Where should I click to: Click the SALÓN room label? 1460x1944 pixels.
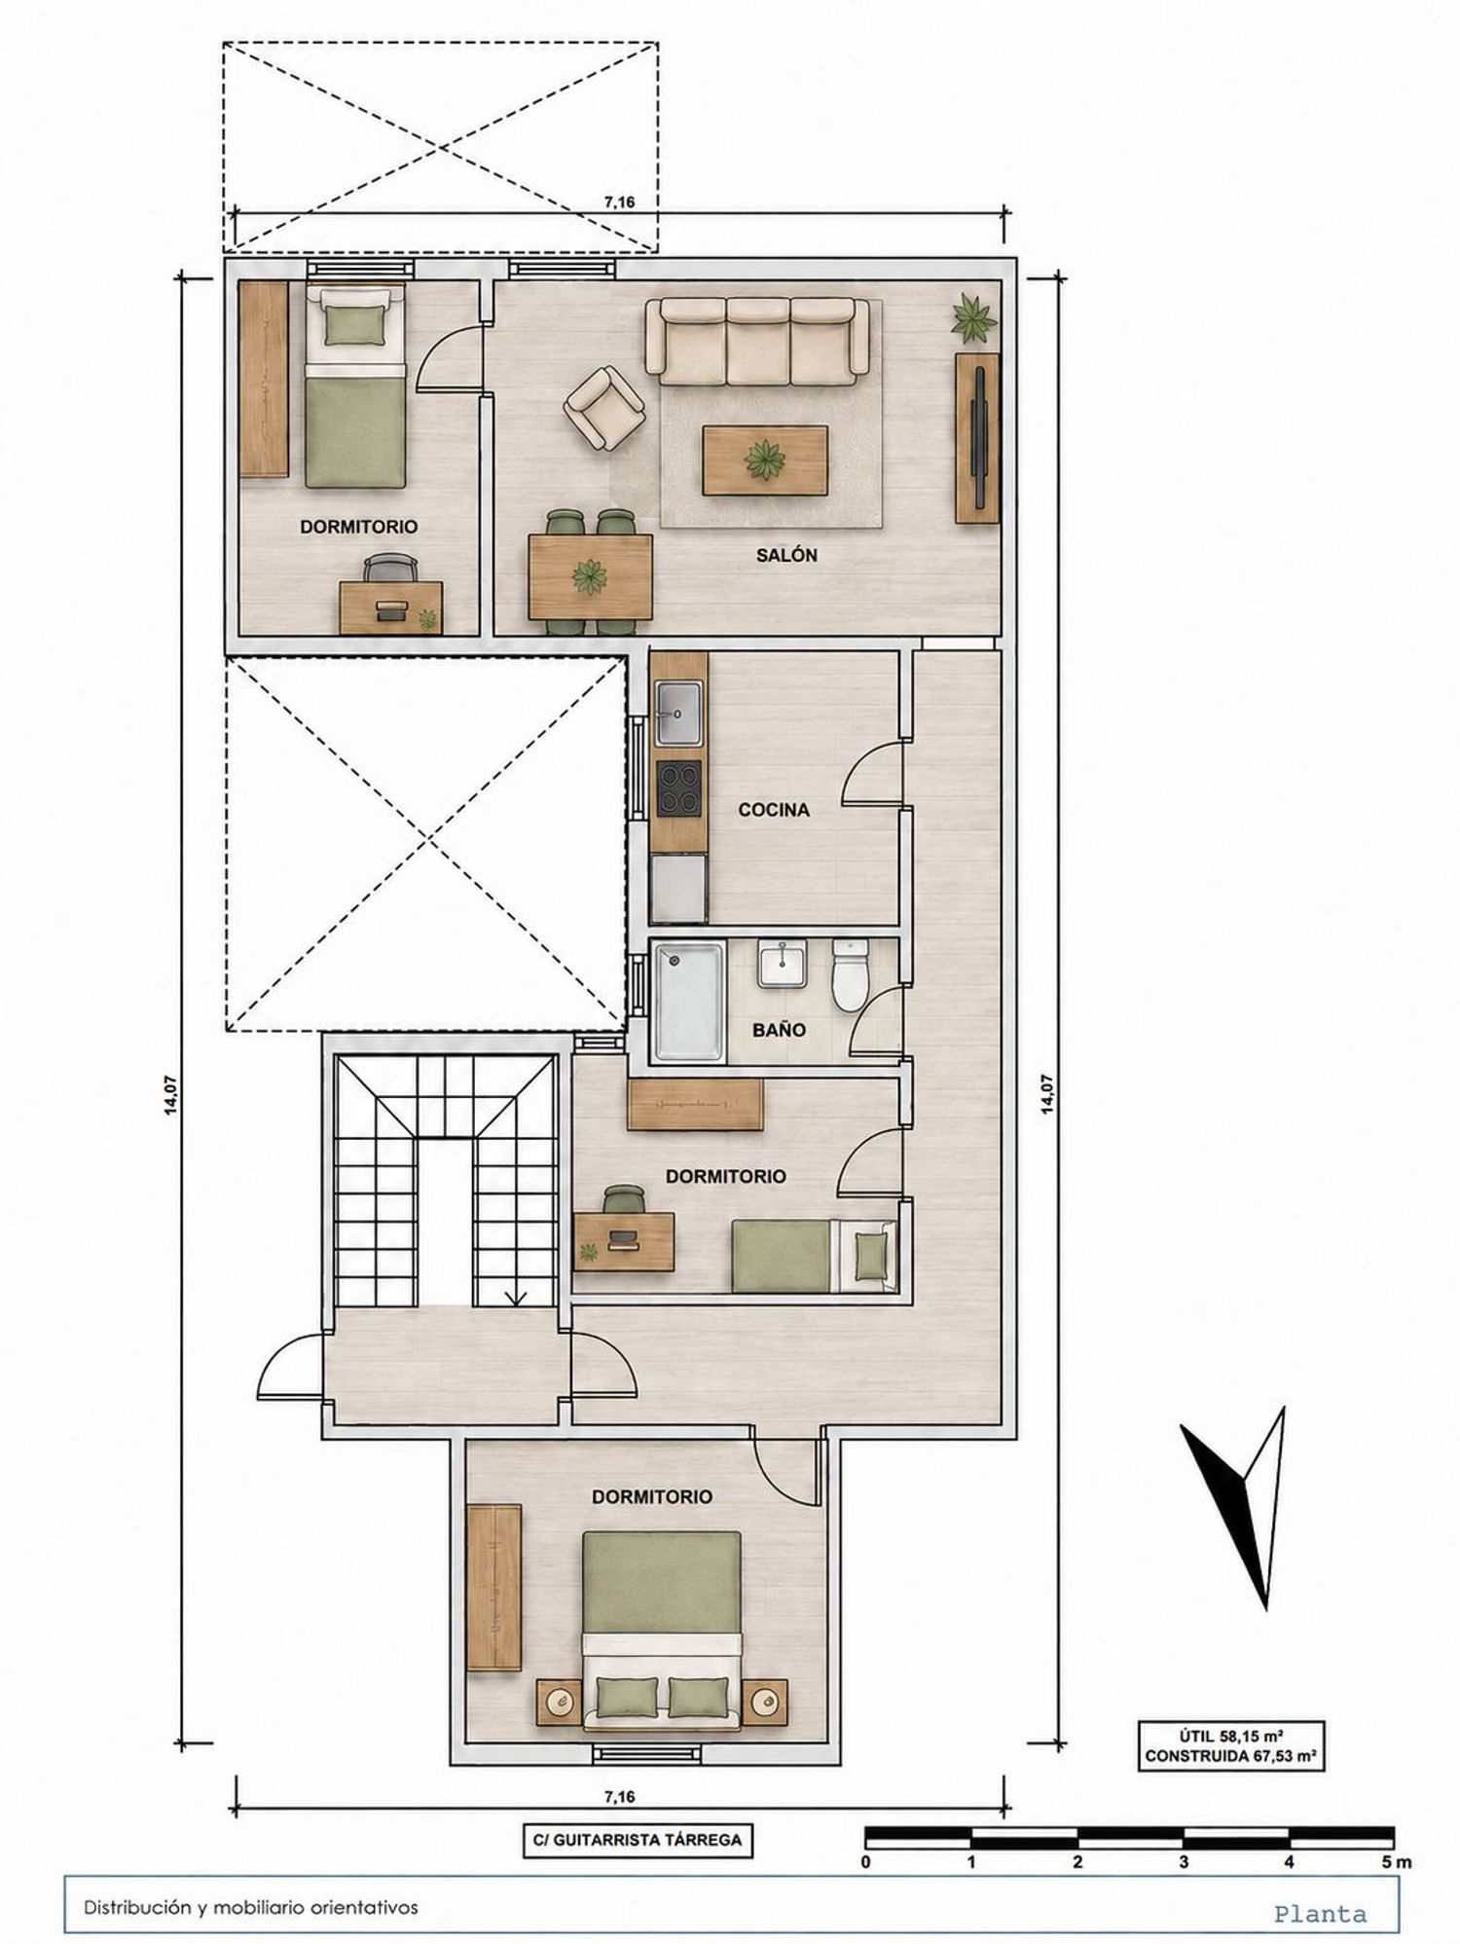coord(786,556)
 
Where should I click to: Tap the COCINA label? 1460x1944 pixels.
coord(774,809)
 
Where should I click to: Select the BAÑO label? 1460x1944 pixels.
coord(779,1030)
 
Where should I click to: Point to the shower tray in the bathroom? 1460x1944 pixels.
coord(689,1001)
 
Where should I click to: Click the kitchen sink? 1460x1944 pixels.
coord(678,713)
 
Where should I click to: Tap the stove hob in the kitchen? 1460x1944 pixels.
coord(678,789)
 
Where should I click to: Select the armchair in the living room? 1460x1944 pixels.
coord(604,409)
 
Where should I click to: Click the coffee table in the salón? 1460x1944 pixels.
coord(765,459)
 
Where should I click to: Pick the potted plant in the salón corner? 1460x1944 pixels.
coord(974,317)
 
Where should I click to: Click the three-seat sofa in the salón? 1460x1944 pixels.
coord(757,342)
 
